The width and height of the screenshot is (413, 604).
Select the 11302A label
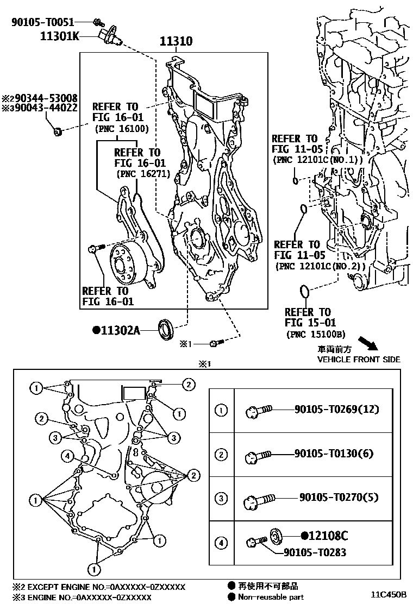pyautogui.click(x=120, y=330)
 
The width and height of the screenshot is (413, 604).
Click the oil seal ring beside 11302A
pyautogui.click(x=166, y=329)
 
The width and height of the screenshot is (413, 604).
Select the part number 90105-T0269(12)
pyautogui.click(x=337, y=410)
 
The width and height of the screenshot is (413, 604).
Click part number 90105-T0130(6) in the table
pyautogui.click(x=334, y=454)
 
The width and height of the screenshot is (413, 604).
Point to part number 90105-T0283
pyautogui.click(x=315, y=552)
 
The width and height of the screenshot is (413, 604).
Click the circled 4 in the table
pyautogui.click(x=221, y=542)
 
